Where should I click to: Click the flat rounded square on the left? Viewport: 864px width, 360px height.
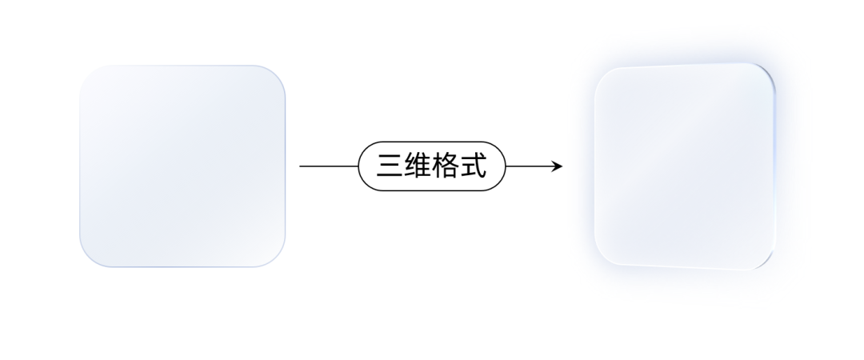(182, 166)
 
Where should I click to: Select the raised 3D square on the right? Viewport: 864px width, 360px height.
(684, 166)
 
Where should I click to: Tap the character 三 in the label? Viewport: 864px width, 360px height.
(390, 166)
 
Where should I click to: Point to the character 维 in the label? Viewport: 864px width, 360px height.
(418, 166)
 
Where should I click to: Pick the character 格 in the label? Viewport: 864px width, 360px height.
(446, 166)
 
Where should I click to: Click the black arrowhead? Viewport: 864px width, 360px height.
(558, 166)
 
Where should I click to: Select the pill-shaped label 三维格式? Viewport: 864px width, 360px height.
(432, 166)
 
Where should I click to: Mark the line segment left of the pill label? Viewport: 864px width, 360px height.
(328, 166)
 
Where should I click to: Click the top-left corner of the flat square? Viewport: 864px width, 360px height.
(89, 74)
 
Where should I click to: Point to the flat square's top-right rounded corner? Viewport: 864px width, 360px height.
(277, 74)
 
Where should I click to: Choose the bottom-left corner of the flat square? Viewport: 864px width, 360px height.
(89, 258)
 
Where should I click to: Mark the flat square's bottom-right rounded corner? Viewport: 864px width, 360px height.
(277, 258)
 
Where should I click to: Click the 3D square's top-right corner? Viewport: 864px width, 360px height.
(766, 71)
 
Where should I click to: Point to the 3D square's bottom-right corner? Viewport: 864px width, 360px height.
(766, 262)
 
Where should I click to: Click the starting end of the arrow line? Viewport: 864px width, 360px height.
(301, 166)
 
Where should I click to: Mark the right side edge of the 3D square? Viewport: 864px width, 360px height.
(774, 166)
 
